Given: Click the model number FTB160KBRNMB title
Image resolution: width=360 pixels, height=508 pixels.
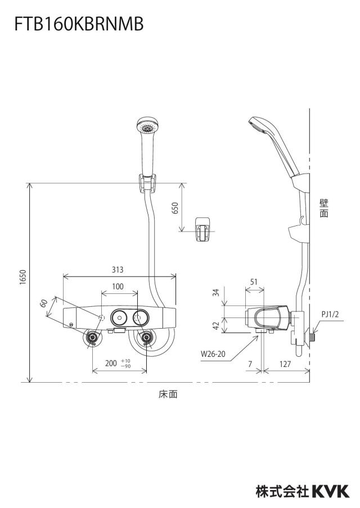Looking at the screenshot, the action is coord(79,24).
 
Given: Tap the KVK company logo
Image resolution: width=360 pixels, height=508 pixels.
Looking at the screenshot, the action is coord(331,491).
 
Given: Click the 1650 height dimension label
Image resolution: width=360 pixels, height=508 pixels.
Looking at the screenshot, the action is coord(22,277).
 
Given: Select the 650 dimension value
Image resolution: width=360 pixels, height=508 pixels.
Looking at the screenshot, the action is coord(175,208).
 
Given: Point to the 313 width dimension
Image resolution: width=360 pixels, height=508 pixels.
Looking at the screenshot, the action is coord(118,269).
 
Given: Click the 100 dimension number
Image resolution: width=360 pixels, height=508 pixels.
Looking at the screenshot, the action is coord(118,287).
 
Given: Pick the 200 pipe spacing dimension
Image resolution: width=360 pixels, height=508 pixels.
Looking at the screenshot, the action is coord(111,363).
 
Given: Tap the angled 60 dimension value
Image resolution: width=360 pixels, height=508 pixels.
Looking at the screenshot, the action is coord(44,303).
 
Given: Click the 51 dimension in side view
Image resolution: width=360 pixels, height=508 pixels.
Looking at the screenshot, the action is coord(254,282).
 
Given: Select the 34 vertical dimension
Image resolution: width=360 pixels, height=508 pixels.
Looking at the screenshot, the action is coord(217,292).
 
